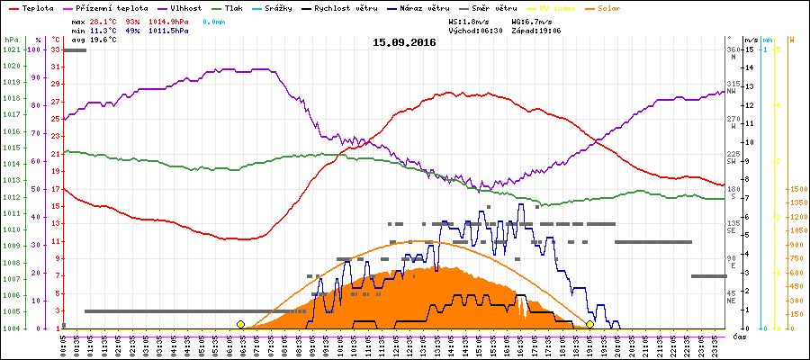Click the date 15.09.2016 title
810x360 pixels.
coord(404,41)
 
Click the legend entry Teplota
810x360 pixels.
coord(39,8)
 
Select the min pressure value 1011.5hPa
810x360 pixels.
coord(168,30)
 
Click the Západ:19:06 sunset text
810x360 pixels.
coord(536,30)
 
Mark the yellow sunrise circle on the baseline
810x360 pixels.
coord(240,324)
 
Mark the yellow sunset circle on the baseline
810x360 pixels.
coord(589,324)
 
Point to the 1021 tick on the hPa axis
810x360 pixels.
coord(11,49)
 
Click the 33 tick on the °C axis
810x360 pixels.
coord(55,49)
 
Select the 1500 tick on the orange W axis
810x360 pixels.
coord(797,189)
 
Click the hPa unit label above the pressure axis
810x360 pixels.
coord(11,40)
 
